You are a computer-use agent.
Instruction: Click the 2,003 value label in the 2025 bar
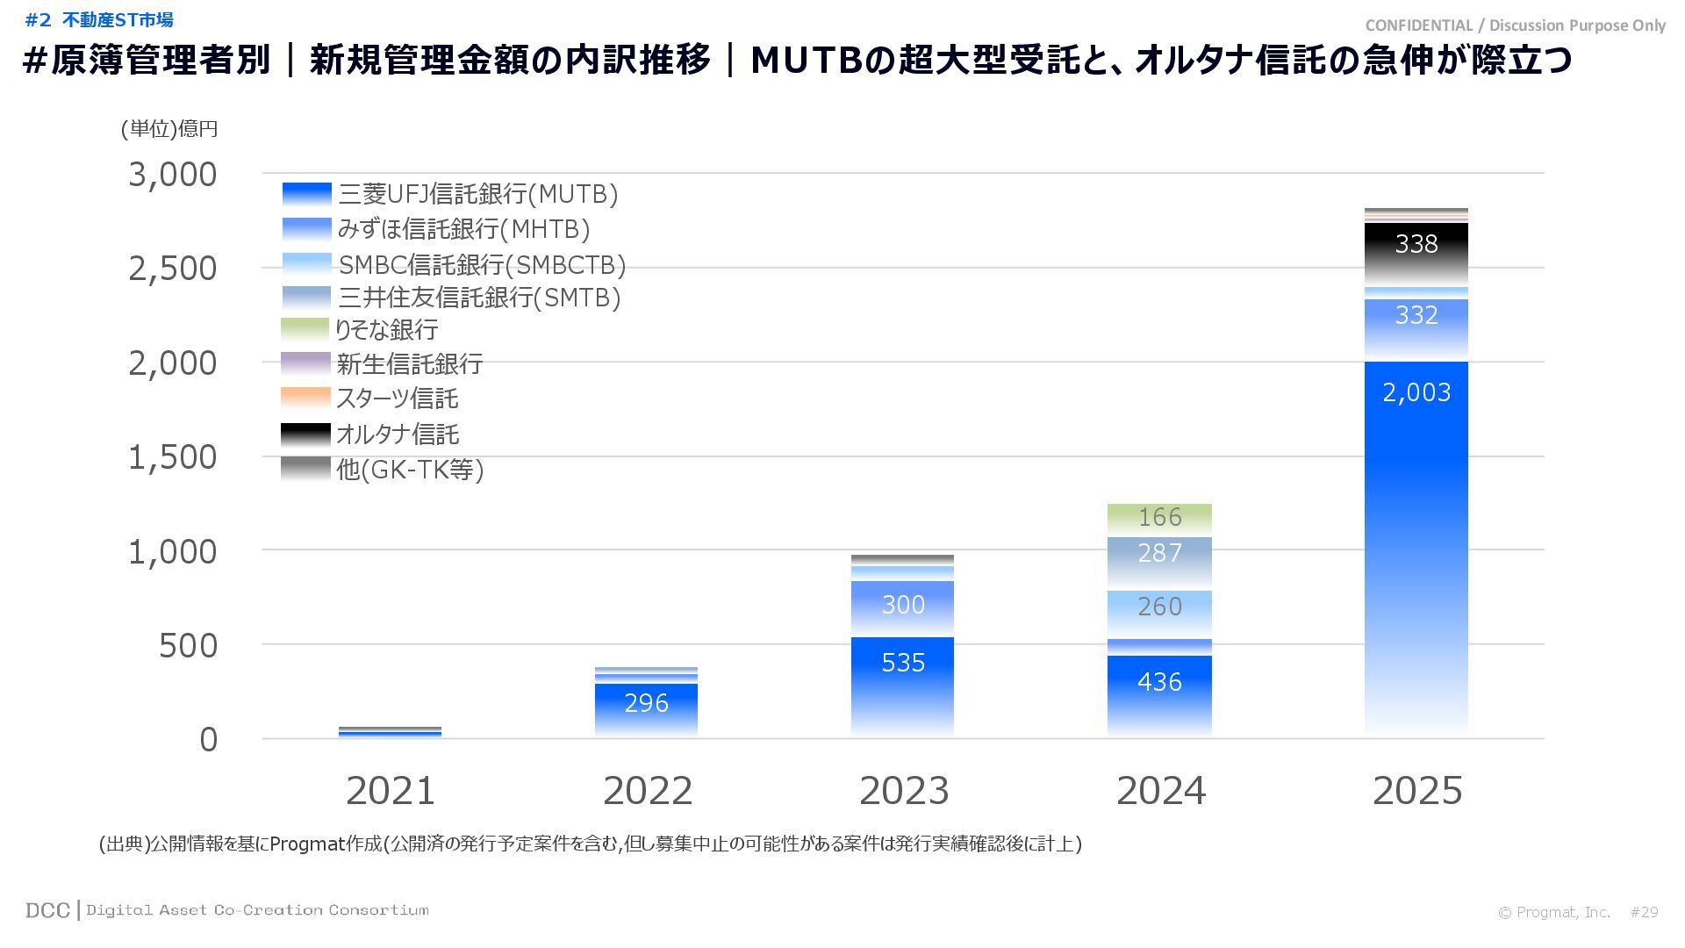[1416, 392]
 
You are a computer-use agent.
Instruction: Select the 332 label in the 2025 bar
[1416, 316]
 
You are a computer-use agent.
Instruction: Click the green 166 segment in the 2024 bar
[1159, 517]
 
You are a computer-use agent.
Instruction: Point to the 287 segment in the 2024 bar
[1159, 553]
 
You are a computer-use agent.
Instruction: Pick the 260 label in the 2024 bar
[1159, 607]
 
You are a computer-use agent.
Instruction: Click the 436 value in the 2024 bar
[1159, 682]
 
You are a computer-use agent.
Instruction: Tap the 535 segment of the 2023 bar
[903, 663]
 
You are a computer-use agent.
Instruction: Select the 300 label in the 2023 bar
[903, 605]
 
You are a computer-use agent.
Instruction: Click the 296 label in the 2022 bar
[646, 703]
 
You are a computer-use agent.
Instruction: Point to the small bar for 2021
[390, 731]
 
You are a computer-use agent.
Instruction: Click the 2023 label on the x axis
[904, 791]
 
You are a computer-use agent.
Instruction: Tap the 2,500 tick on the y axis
[173, 269]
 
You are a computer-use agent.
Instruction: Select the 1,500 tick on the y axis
[173, 457]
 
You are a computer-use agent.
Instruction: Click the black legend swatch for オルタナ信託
[305, 434]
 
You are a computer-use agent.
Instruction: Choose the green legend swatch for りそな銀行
[305, 330]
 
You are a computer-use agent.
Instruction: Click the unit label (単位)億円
[169, 129]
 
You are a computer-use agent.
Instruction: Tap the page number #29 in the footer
[1644, 913]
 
